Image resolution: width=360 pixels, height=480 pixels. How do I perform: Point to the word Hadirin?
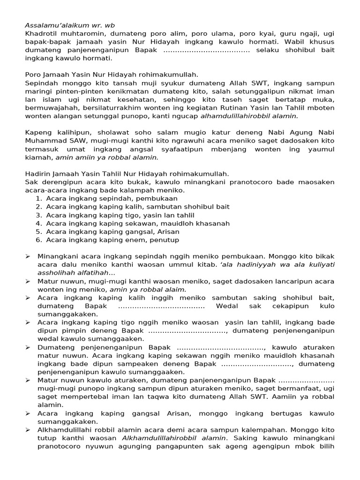[37, 174]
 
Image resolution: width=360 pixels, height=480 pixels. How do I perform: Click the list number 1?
[39, 199]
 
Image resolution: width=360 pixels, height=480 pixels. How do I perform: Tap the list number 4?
[39, 224]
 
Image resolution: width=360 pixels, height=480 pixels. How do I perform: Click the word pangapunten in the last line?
[183, 447]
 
